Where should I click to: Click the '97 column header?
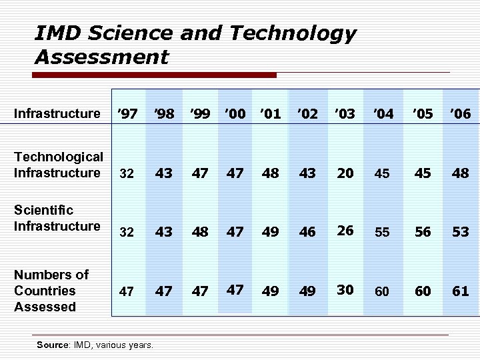127,114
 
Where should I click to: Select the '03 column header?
345,114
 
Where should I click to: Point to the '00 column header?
235,114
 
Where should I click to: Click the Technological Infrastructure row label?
59,165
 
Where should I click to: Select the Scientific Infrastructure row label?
57,218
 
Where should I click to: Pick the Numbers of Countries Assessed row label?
51,291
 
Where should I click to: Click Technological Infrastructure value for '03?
345,173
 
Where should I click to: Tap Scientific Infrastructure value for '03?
345,231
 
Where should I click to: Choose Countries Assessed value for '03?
345,289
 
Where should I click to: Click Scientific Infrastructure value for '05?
422,232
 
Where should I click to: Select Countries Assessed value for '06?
460,291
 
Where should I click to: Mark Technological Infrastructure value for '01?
271,173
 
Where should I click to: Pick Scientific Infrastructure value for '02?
307,232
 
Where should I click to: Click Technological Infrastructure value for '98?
164,173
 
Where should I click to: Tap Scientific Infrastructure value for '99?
200,232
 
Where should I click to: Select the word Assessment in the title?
101,57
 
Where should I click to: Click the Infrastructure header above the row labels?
57,113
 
